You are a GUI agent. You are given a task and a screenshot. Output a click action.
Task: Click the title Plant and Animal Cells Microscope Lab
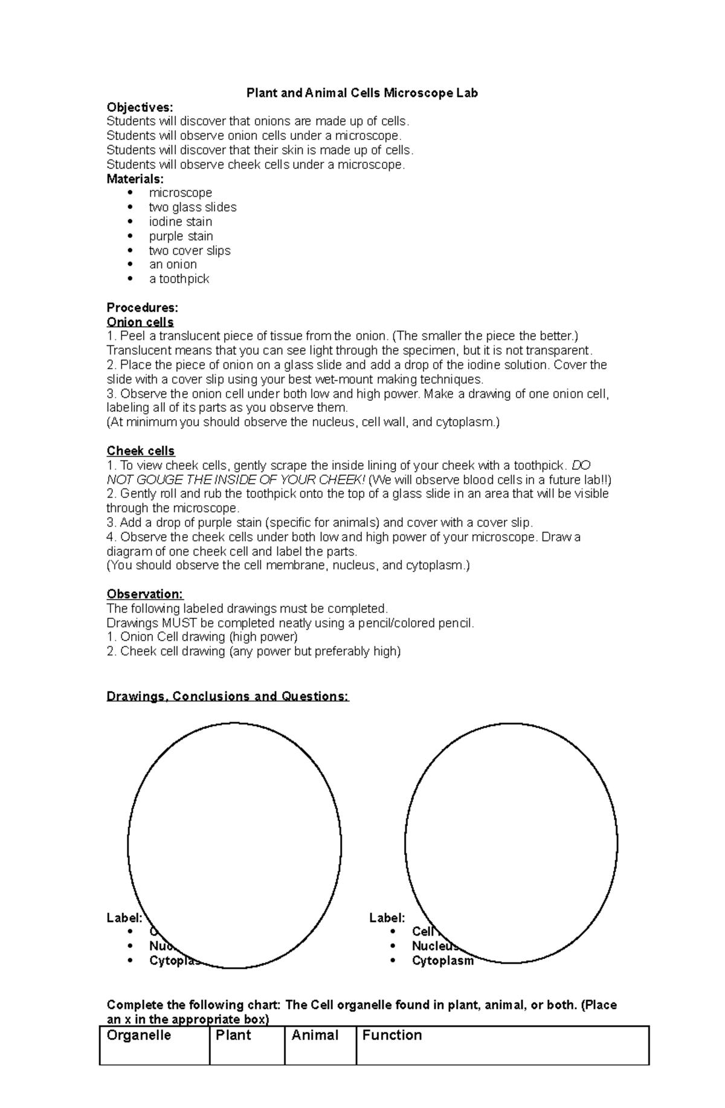coord(362,93)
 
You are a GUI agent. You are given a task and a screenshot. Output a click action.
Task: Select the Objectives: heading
coord(140,107)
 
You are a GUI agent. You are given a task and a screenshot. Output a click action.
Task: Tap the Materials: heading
coord(135,179)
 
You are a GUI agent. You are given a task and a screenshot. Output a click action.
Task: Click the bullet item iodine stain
coord(180,222)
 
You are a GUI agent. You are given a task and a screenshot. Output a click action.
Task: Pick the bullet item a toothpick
coord(179,279)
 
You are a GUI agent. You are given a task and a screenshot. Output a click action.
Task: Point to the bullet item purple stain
coord(181,236)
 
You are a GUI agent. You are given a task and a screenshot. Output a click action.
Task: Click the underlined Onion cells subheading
coord(140,322)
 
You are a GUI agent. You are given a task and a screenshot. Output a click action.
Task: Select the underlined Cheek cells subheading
coord(141,451)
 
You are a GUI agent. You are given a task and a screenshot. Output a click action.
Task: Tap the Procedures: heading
coord(142,308)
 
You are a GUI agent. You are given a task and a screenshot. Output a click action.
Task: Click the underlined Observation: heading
coord(145,594)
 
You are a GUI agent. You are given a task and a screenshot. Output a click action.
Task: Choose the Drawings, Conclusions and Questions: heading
coord(228,696)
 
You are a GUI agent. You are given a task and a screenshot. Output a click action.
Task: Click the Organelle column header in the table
coord(138,1036)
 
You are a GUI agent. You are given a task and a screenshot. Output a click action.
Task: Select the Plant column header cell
coord(233,1036)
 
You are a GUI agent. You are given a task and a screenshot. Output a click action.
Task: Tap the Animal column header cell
coord(315,1036)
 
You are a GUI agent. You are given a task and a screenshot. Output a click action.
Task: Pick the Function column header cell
coord(391,1036)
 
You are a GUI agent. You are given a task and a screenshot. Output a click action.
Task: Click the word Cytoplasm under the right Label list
coord(442,961)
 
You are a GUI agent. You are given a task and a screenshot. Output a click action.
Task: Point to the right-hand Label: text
coord(387,918)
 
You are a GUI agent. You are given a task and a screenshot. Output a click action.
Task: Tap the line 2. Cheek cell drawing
coord(253,652)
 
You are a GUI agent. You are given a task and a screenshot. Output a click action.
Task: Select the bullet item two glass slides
coord(192,207)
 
